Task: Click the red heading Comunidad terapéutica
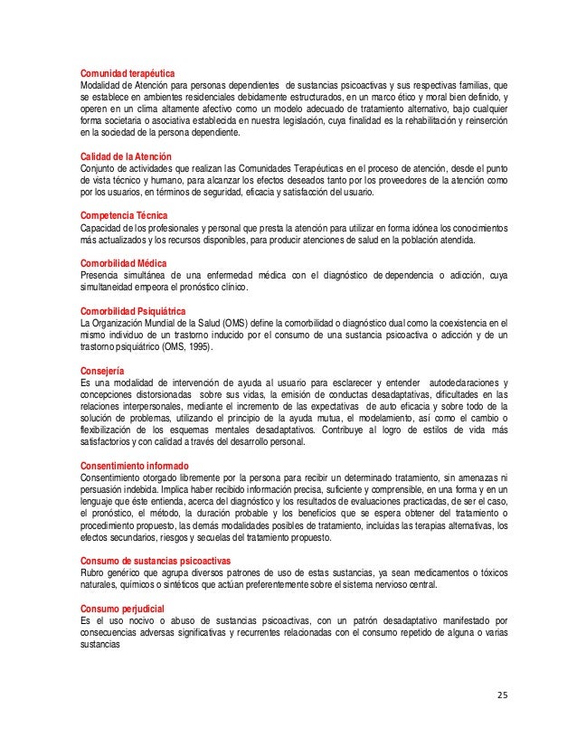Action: pos(128,72)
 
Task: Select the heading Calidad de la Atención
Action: pos(125,156)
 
